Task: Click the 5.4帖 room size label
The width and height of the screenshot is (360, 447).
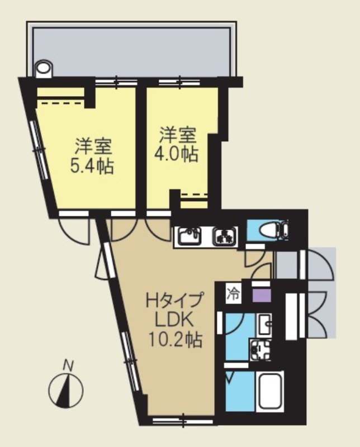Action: [92, 166]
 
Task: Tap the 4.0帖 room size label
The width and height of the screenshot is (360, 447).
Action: [179, 154]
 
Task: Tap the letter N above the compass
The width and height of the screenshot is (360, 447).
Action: [69, 366]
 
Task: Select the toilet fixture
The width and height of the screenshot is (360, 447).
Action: [270, 230]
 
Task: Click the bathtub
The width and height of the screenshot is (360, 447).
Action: [270, 392]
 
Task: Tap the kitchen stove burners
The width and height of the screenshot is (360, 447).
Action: [225, 237]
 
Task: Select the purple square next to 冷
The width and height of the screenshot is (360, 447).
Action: [260, 293]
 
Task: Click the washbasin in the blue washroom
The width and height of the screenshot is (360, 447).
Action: [264, 323]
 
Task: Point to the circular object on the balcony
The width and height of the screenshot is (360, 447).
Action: [43, 69]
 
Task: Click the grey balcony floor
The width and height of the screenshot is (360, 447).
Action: [134, 50]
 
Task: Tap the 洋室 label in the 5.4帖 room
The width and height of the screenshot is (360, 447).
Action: [93, 147]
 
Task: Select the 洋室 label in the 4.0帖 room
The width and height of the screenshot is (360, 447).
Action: [178, 135]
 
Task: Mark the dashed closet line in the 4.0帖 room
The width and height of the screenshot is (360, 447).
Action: [195, 194]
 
